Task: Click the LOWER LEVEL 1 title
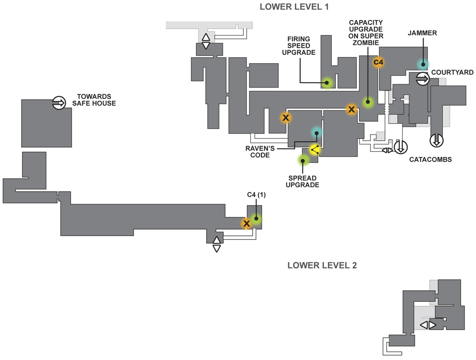tap(294, 7)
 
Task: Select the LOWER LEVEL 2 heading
tap(322, 265)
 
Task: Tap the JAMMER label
tap(422, 33)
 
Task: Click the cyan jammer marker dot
tap(423, 64)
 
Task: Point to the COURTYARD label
tap(452, 72)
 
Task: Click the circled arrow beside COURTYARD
tap(423, 79)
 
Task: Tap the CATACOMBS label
tap(430, 159)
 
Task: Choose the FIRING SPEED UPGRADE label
tap(299, 46)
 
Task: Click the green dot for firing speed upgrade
tap(327, 82)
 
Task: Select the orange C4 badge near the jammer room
tap(378, 62)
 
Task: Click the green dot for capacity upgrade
tap(368, 102)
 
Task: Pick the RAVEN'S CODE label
tap(260, 152)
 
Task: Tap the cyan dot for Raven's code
tap(317, 133)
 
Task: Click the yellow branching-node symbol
tap(315, 149)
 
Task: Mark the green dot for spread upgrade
tap(303, 160)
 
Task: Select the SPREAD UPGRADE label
tap(302, 182)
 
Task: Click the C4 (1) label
tap(257, 195)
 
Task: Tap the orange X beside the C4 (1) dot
tap(247, 224)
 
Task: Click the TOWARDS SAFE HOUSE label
tap(94, 100)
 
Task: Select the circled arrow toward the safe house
tap(59, 103)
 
